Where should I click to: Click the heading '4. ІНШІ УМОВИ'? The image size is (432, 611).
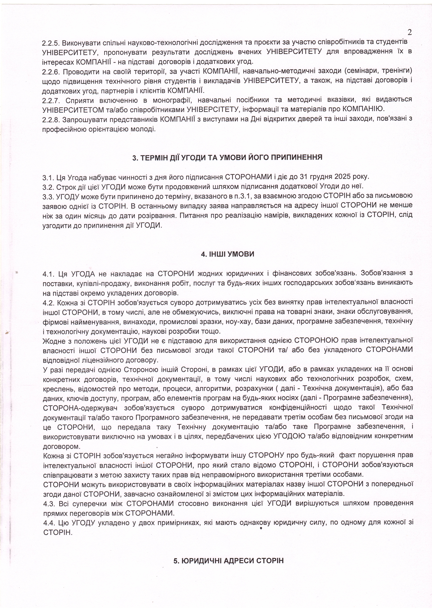228,254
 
